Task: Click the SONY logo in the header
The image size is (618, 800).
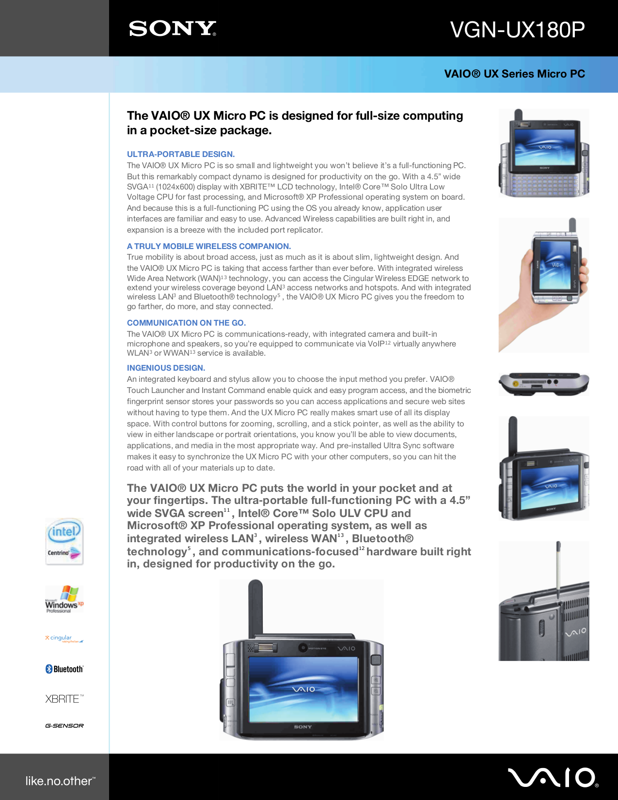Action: tap(172, 29)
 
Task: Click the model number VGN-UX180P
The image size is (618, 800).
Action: tap(517, 30)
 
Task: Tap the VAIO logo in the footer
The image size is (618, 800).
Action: tap(553, 777)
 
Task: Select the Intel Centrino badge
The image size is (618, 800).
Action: tap(64, 541)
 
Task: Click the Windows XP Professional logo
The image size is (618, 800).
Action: tap(64, 599)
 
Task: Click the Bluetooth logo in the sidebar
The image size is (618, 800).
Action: tap(64, 669)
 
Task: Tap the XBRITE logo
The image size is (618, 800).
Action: tap(64, 699)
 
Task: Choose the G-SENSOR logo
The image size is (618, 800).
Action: tap(64, 726)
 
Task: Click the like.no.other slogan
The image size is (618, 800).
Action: tap(60, 781)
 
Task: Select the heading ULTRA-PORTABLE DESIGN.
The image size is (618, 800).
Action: tap(181, 154)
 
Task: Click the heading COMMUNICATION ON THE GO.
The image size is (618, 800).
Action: tap(186, 323)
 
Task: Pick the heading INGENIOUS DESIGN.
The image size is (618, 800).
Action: tap(166, 368)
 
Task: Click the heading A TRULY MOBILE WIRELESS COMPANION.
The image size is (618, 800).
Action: tap(208, 246)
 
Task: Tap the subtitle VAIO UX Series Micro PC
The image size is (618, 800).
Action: tap(514, 74)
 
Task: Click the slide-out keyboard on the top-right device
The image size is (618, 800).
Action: tap(544, 183)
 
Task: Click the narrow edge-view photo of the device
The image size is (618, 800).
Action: tap(544, 384)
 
